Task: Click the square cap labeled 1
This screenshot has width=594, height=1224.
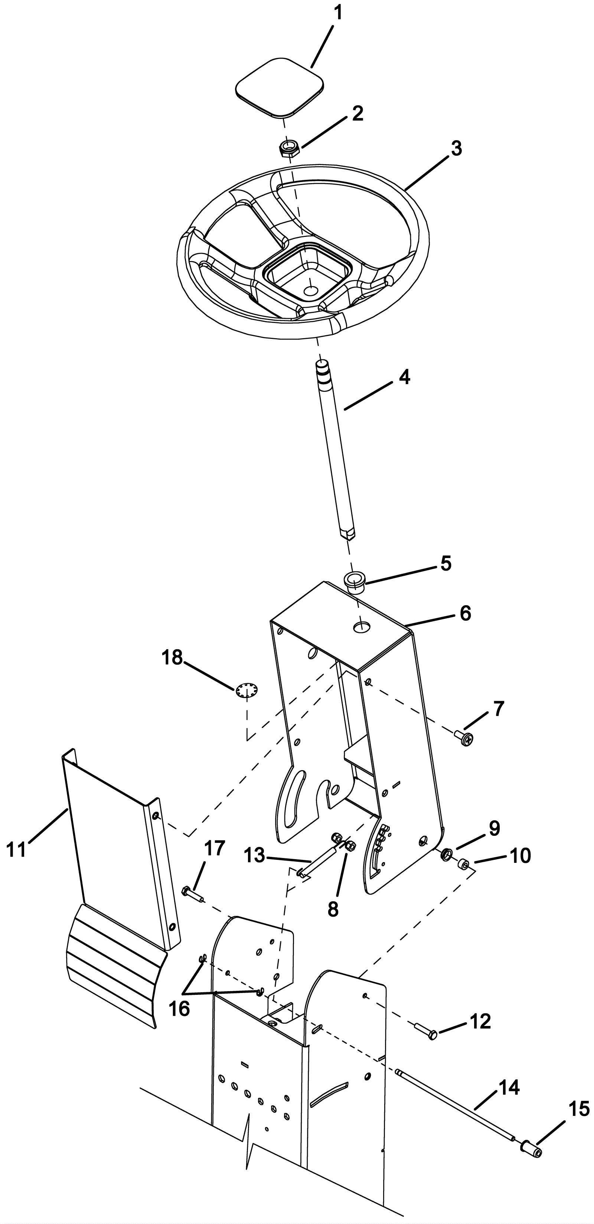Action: (x=280, y=87)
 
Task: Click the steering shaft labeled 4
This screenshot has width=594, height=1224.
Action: (x=335, y=449)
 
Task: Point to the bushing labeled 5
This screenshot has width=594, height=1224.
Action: (x=355, y=583)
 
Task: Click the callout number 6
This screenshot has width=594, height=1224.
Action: (x=465, y=613)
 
